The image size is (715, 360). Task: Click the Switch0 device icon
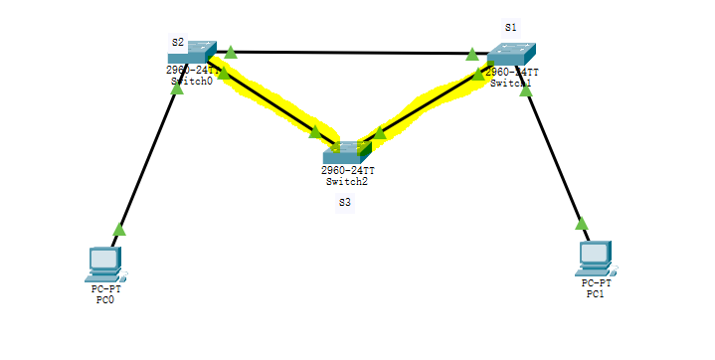[192, 53]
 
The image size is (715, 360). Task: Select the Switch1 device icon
[511, 56]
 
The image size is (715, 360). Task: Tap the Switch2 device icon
[346, 151]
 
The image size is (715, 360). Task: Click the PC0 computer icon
[103, 264]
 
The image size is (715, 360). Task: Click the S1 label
[511, 27]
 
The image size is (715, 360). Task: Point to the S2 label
[178, 43]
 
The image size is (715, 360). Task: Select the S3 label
[345, 202]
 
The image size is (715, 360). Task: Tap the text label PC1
[596, 294]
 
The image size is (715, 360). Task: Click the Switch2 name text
[346, 182]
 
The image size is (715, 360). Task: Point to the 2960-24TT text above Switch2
[346, 171]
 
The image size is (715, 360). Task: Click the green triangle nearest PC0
[119, 230]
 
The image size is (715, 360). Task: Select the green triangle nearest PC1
[581, 223]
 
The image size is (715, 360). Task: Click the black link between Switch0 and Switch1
[348, 53]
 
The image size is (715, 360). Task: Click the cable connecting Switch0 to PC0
[149, 159]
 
